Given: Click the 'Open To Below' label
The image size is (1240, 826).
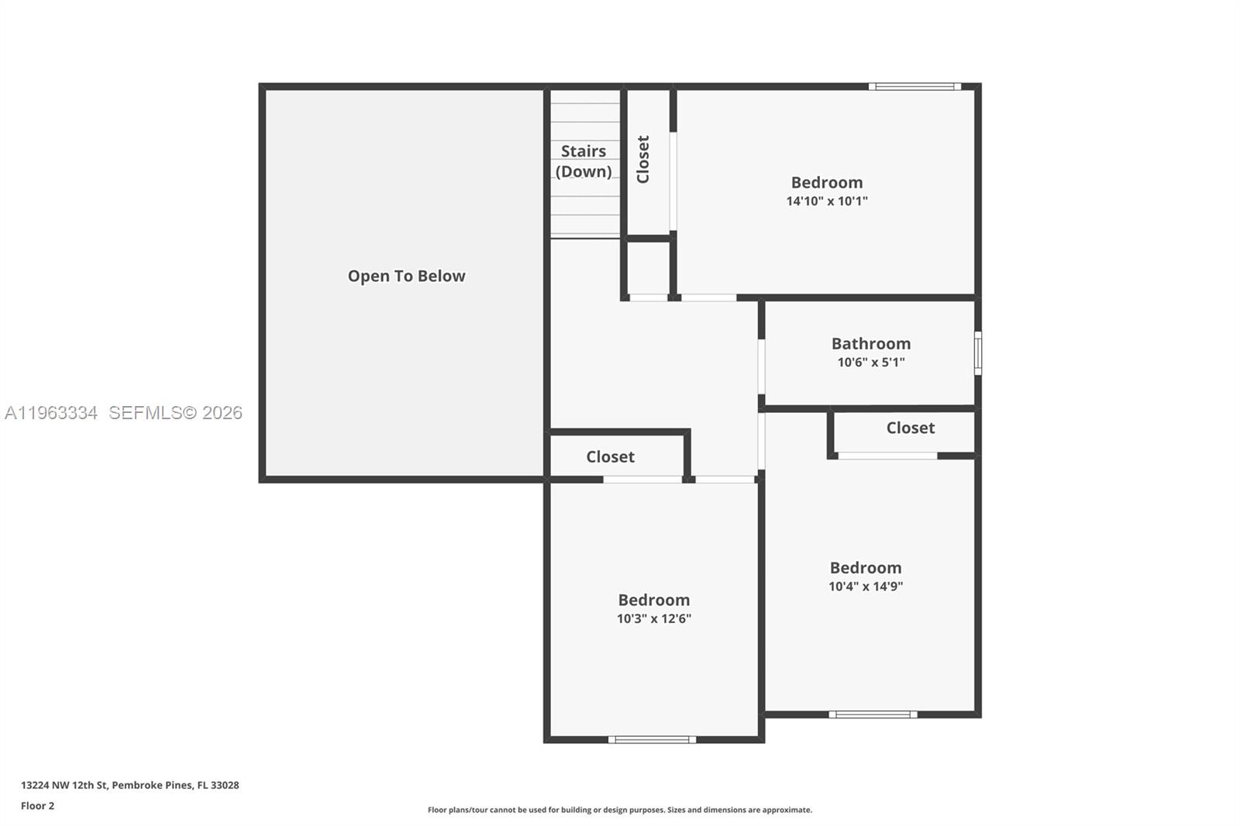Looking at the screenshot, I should (406, 276).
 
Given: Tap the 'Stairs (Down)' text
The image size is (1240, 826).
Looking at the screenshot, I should (584, 161).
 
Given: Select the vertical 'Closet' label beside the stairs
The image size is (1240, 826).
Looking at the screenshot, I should (642, 160).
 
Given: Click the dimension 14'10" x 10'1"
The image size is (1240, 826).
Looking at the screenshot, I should (826, 201).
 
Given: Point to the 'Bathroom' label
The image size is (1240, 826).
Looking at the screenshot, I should (870, 343).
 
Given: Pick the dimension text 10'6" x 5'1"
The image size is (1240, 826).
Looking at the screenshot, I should (870, 363).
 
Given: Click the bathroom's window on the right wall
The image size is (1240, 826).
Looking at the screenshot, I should (977, 353).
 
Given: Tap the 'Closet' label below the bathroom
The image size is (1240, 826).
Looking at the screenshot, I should (910, 428).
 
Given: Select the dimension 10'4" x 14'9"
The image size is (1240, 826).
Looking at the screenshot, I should (865, 587).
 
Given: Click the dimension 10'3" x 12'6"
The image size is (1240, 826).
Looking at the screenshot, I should (653, 619).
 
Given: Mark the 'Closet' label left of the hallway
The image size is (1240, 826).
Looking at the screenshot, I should (610, 457).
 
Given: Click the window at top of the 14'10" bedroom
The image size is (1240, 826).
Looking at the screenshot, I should (914, 87).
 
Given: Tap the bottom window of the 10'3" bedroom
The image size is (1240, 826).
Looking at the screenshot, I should (652, 739).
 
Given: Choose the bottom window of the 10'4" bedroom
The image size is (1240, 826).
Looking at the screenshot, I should (873, 714).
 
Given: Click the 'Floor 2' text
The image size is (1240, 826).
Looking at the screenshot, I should (37, 806).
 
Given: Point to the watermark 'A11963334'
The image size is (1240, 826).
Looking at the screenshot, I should (51, 413).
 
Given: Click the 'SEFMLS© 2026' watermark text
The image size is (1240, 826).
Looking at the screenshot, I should (175, 413).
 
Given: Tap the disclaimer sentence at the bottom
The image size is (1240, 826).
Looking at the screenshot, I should (619, 810).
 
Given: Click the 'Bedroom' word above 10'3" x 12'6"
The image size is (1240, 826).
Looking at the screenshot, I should (653, 600).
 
